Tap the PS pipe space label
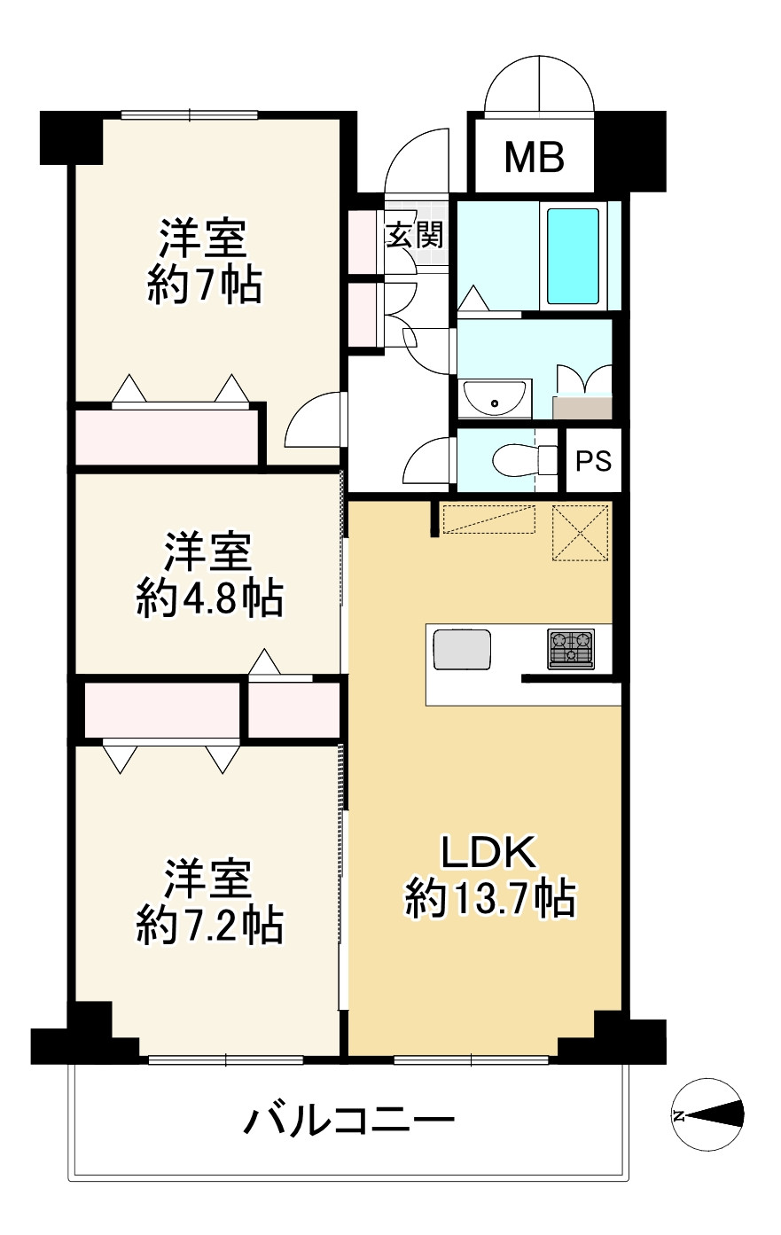(x=593, y=461)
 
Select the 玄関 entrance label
(x=413, y=236)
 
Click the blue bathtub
(x=573, y=255)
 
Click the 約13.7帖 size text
(x=490, y=899)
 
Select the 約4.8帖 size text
(x=209, y=600)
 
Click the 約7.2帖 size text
(x=209, y=926)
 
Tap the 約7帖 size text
(x=205, y=285)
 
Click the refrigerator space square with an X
(x=582, y=533)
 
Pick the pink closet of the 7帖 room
(x=167, y=435)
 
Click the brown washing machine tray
(x=582, y=408)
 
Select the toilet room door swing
(x=428, y=461)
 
